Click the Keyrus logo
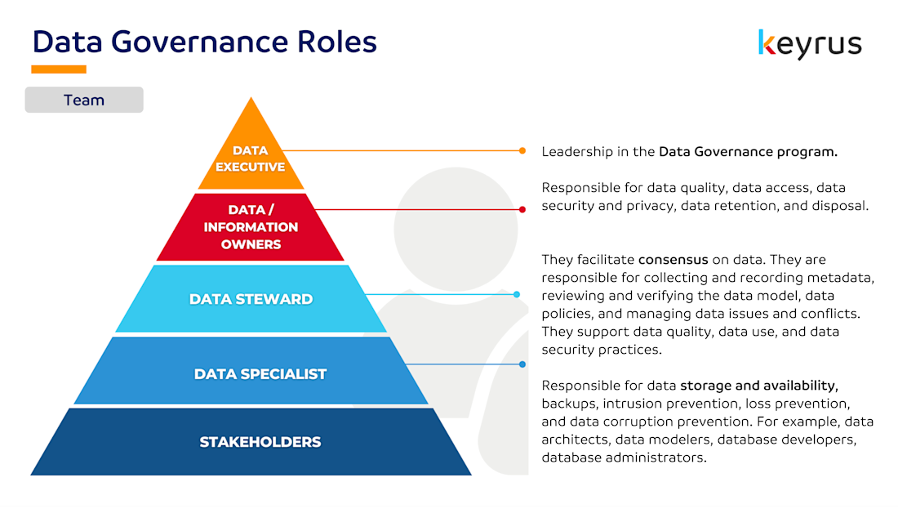[809, 43]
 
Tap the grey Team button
[84, 100]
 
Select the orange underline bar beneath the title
[59, 69]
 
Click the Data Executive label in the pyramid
[250, 159]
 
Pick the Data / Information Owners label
[251, 227]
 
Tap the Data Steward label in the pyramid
[251, 299]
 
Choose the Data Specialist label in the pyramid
[260, 374]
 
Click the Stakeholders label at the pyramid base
[260, 442]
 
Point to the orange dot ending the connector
[522, 150]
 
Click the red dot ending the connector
[522, 209]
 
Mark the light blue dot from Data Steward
[517, 294]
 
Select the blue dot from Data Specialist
[522, 364]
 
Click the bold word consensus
[673, 260]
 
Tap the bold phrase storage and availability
[759, 386]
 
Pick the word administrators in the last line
[660, 458]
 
